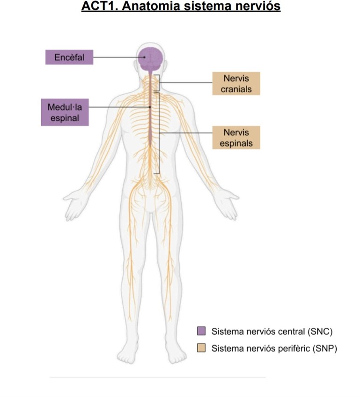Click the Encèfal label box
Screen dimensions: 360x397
tap(69, 58)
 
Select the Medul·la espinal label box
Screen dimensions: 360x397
tap(64, 112)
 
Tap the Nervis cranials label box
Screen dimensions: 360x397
tap(236, 84)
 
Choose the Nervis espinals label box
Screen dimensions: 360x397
tap(236, 138)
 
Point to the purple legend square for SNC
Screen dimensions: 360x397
tap(201, 331)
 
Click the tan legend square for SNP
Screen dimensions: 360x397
tap(201, 348)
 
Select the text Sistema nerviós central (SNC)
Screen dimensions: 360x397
tap(272, 331)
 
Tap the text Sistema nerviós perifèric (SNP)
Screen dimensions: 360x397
tap(274, 348)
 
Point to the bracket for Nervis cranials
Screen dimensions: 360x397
tap(159, 83)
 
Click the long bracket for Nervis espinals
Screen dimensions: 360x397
tap(159, 133)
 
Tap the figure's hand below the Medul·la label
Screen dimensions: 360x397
tap(75, 204)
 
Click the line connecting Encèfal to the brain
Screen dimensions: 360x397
tap(117, 58)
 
